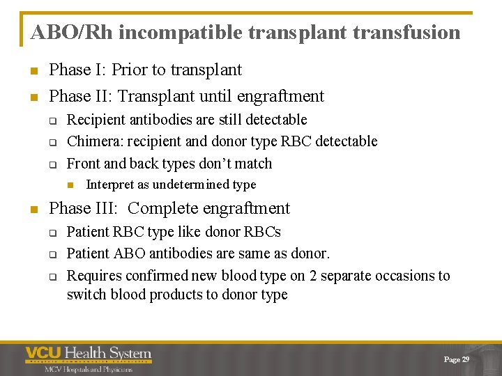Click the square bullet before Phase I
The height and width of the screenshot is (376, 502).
[x=34, y=70]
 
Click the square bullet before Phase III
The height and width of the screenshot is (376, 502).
[x=34, y=209]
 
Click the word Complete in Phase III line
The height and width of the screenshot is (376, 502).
[x=162, y=208]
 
